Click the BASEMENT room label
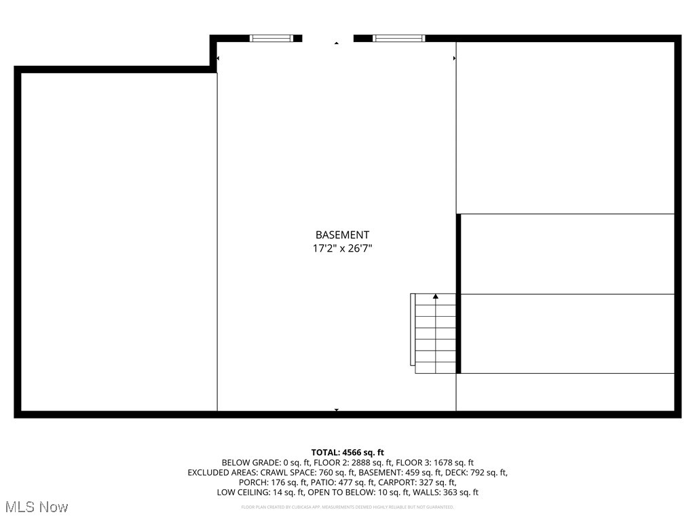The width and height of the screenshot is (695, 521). pyautogui.click(x=342, y=235)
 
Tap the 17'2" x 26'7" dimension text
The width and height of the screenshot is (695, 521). pyautogui.click(x=342, y=249)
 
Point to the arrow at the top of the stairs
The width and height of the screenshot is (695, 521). pyautogui.click(x=436, y=296)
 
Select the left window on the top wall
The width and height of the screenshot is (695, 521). pyautogui.click(x=276, y=38)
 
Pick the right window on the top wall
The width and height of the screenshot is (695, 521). pyautogui.click(x=399, y=38)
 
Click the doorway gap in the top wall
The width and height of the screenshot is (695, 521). pyautogui.click(x=328, y=39)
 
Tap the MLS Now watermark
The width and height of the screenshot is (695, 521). pyautogui.click(x=37, y=507)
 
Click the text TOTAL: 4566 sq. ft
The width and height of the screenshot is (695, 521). pyautogui.click(x=347, y=452)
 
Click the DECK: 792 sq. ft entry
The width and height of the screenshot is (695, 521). pyautogui.click(x=474, y=473)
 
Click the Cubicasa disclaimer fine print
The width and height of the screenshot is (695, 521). pyautogui.click(x=347, y=507)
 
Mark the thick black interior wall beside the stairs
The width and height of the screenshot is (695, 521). pyautogui.click(x=459, y=293)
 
